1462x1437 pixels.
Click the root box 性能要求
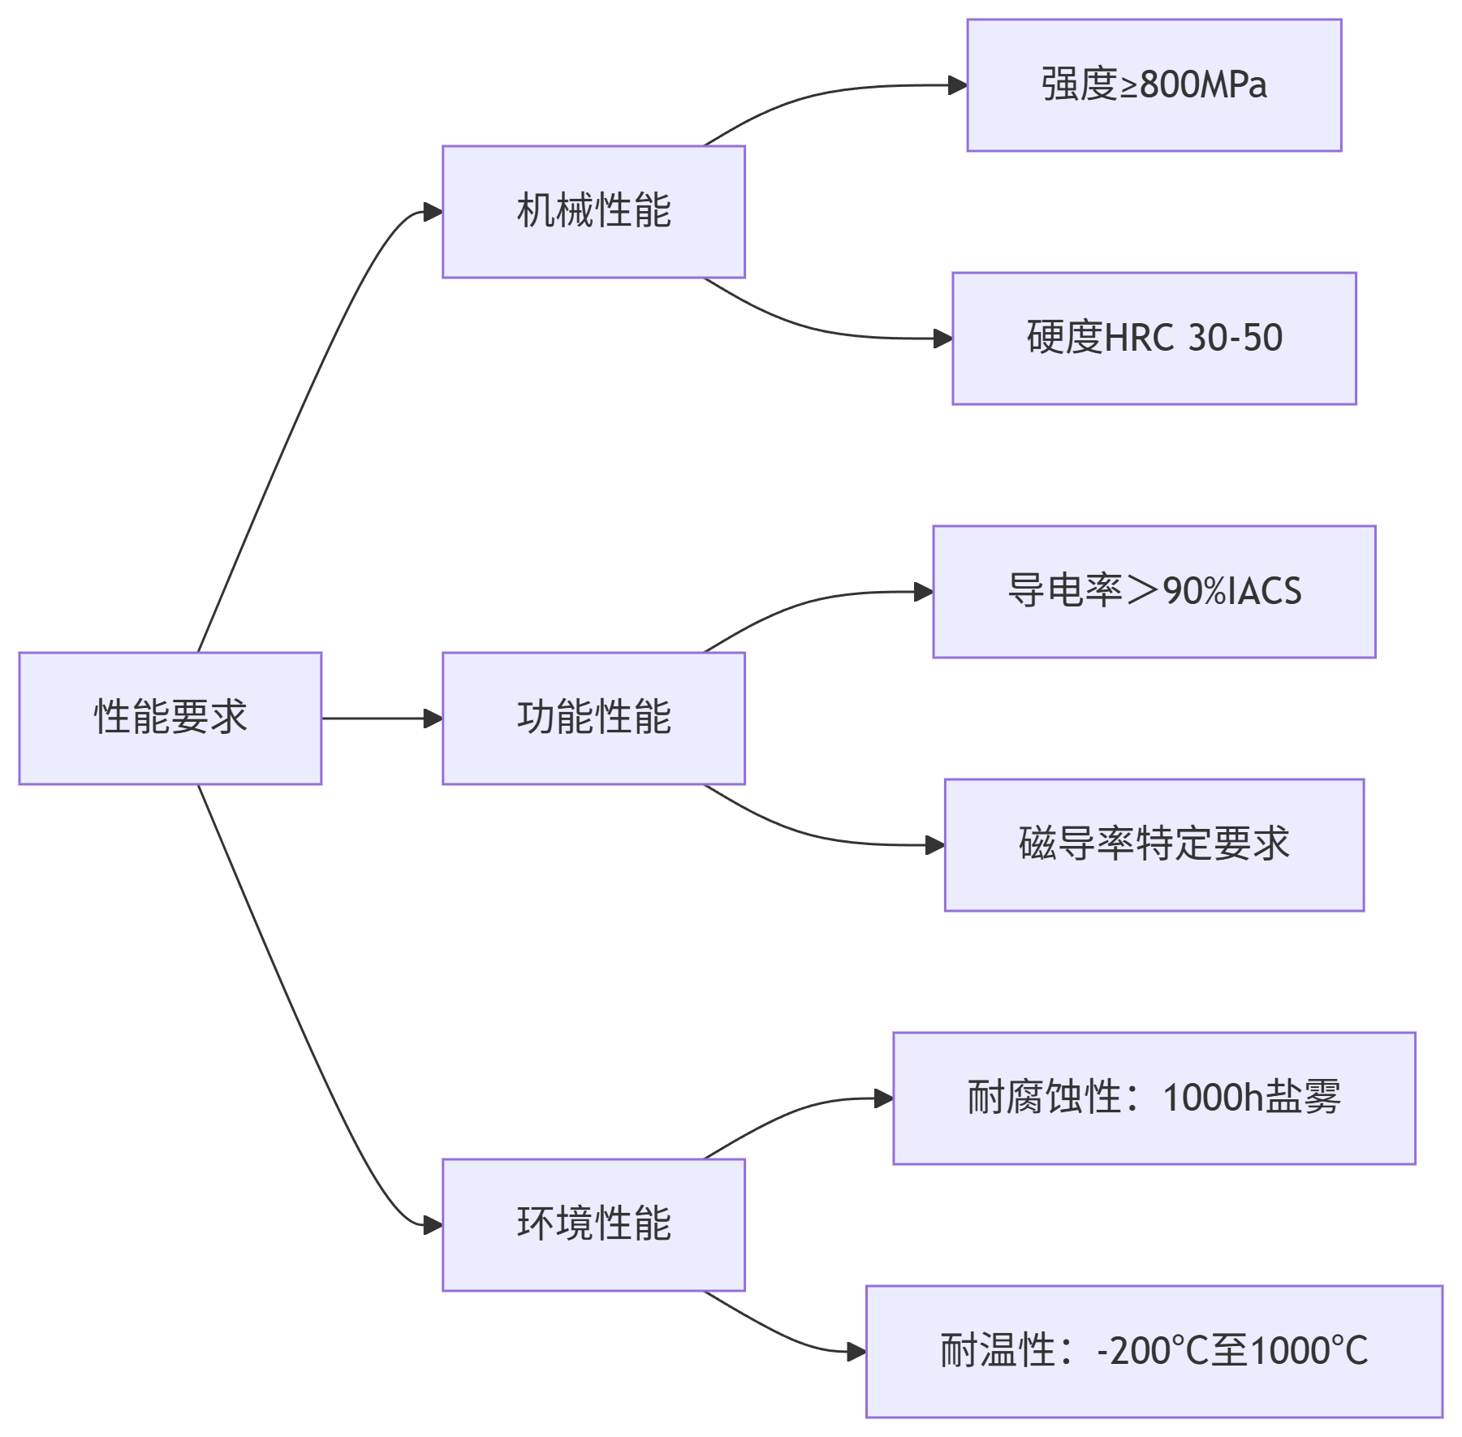tap(170, 718)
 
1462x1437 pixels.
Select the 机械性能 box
tap(593, 211)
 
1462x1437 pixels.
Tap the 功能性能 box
tap(593, 718)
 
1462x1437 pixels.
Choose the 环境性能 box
tap(593, 1224)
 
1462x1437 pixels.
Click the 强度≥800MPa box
tap(1154, 84)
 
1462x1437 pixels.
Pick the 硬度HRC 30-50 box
tap(1154, 338)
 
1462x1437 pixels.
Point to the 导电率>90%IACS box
tap(1154, 591)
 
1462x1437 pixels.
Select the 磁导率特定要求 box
tap(1154, 844)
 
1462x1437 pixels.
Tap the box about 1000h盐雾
tap(1154, 1098)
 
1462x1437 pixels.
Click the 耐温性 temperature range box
tap(1154, 1351)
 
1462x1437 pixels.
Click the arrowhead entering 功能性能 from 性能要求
tap(433, 718)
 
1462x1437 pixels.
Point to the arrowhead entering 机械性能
tap(433, 212)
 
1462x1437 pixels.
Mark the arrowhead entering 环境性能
tap(433, 1225)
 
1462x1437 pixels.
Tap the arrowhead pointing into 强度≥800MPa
tap(958, 85)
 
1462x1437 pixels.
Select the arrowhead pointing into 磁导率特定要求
tap(935, 845)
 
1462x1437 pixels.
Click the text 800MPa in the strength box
tap(1203, 84)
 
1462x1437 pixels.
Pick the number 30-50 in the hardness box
tap(1235, 338)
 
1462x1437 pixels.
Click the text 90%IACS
tap(1232, 591)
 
